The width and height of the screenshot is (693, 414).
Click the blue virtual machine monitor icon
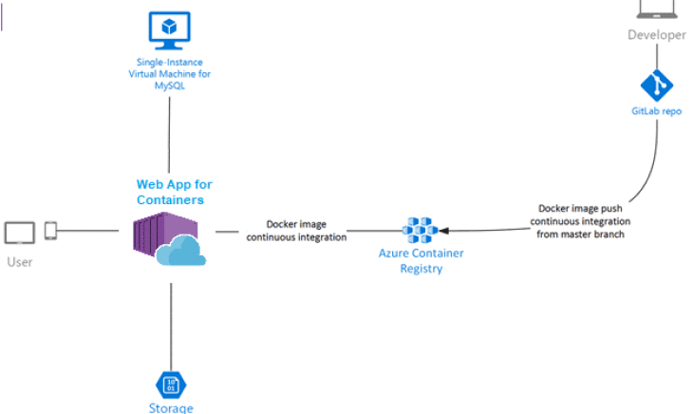point(169,30)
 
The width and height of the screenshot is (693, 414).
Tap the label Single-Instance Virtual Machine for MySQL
point(169,74)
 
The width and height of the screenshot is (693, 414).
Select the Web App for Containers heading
point(169,192)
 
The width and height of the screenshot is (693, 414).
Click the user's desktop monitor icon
point(19,232)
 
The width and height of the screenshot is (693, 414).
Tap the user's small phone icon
point(50,231)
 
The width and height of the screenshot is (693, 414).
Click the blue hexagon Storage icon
point(171,385)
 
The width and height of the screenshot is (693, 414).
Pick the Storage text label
point(171,408)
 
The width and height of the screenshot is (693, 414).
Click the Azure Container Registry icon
point(420,230)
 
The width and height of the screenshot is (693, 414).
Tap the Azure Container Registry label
point(420,261)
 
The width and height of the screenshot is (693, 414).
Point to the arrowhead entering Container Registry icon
point(443,230)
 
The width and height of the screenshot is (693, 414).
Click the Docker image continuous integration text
point(295,231)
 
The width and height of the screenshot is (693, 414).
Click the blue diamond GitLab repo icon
point(657,86)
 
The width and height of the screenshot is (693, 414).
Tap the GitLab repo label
point(657,112)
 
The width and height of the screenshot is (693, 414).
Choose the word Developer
point(656,35)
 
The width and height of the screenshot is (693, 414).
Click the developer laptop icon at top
point(657,9)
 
